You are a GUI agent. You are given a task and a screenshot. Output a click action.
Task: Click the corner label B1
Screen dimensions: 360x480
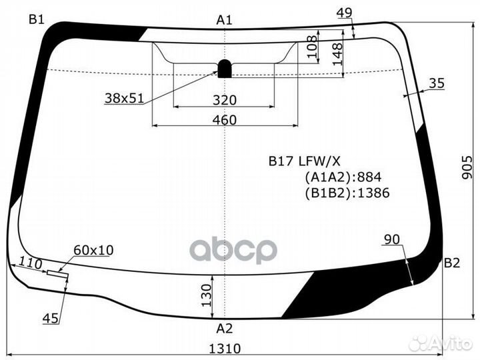pos(36,19)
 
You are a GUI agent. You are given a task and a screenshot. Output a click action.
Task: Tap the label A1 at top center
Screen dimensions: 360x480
pos(224,20)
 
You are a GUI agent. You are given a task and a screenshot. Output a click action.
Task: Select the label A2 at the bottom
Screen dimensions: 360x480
pos(225,328)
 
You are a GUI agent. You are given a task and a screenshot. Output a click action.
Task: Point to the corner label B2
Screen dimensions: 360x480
pos(452,263)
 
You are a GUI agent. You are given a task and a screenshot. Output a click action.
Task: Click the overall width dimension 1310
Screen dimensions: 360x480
pos(225,348)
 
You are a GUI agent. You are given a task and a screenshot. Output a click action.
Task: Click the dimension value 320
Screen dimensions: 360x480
pos(225,100)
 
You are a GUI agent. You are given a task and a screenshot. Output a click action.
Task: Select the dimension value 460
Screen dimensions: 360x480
pos(225,120)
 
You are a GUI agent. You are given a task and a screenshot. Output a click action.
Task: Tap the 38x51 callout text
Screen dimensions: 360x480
pos(124,98)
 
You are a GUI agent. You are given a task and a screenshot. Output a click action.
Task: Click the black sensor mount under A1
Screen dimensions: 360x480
pos(225,68)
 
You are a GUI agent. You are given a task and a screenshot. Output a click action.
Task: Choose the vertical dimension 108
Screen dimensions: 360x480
pos(312,47)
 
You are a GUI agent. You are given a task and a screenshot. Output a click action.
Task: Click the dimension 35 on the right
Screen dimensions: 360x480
pos(436,83)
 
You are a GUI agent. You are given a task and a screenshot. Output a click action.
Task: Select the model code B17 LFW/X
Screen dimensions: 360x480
pos(305,160)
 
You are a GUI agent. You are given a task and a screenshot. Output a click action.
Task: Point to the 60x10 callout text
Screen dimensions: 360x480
pos(93,250)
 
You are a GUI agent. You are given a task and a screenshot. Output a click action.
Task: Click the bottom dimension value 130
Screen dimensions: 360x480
pos(206,292)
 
